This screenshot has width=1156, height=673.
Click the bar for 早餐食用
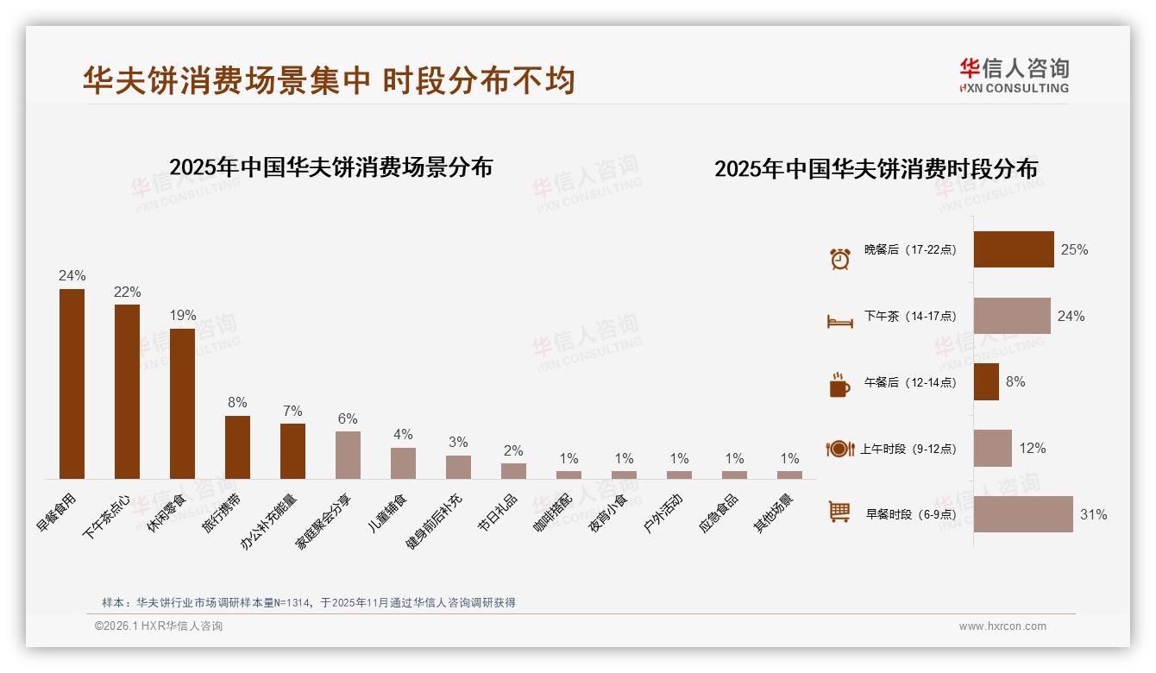point(72,384)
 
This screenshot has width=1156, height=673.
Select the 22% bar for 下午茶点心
point(127,392)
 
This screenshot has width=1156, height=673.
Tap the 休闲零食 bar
point(182,404)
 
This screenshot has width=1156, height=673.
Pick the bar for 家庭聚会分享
point(348,455)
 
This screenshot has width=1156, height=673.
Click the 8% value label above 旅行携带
point(237,402)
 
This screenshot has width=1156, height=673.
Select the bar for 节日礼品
point(513,471)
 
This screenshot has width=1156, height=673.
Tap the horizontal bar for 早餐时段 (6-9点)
point(1023,514)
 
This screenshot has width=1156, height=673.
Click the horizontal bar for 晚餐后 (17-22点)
point(1014,249)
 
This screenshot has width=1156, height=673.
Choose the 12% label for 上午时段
point(1032,448)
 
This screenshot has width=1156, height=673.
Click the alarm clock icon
point(839,258)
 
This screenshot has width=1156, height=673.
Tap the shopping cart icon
point(839,512)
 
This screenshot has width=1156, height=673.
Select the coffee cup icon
point(839,385)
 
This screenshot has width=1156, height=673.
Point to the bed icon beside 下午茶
point(839,321)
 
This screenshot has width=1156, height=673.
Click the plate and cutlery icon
point(839,449)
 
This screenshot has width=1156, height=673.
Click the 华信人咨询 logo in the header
point(1014,75)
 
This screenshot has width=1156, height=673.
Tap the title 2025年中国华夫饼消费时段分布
point(876,168)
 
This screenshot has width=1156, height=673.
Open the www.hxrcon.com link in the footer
point(1002,626)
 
